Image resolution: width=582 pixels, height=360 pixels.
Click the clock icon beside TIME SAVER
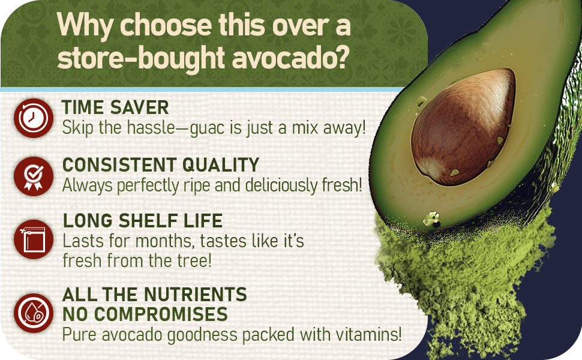[x=34, y=118]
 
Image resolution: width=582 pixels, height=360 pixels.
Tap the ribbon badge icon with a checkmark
[x=34, y=176]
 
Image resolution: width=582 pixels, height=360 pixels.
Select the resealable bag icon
[x=34, y=239]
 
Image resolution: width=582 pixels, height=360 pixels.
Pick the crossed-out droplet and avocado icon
[x=34, y=313]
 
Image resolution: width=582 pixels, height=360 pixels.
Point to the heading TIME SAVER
[x=115, y=107]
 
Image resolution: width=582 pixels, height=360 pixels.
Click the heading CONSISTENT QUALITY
[x=161, y=165]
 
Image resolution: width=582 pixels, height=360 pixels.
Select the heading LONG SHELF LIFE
[x=143, y=221]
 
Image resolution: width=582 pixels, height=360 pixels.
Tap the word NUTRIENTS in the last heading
[x=195, y=295]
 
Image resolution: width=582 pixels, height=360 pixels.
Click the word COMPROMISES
[x=161, y=314]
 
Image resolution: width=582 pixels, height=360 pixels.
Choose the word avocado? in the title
[x=290, y=58]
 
